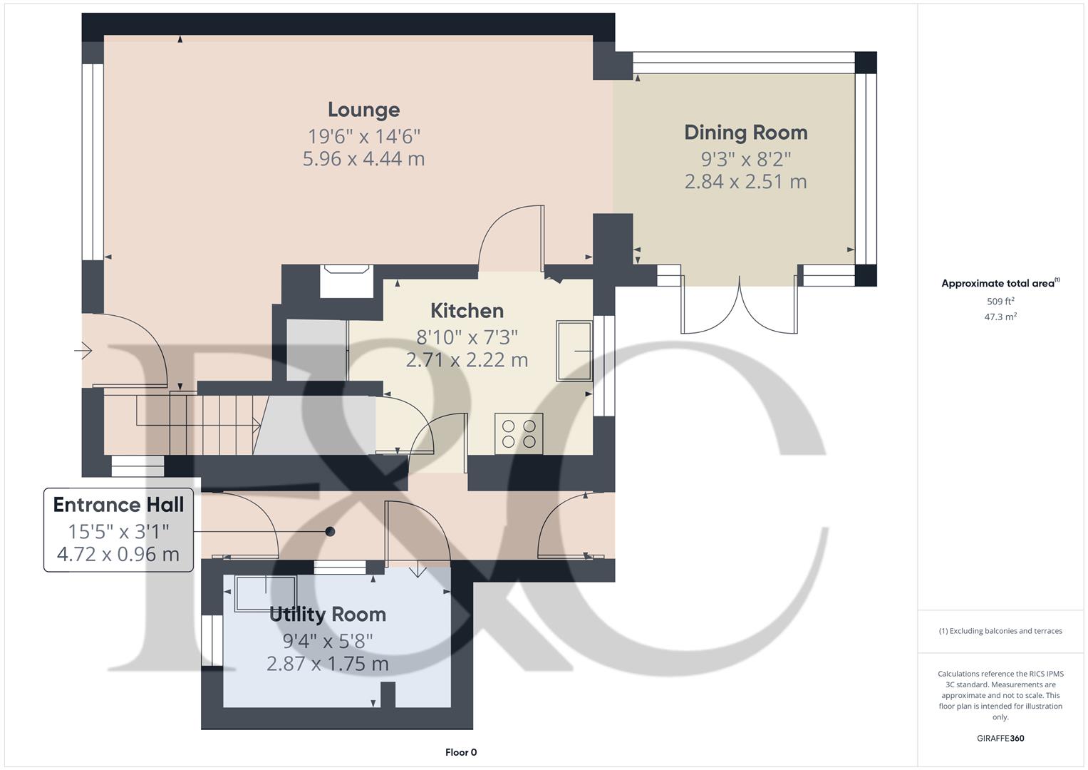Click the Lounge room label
pyautogui.click(x=364, y=110)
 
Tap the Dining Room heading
pyautogui.click(x=745, y=133)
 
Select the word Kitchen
pyautogui.click(x=467, y=311)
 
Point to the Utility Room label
pyautogui.click(x=328, y=615)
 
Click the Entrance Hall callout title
pyautogui.click(x=118, y=505)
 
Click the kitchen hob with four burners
pyautogui.click(x=519, y=433)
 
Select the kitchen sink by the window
pyautogui.click(x=574, y=351)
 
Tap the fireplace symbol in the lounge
pyautogui.click(x=346, y=281)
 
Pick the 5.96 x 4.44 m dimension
pyautogui.click(x=364, y=159)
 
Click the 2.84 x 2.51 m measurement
pyautogui.click(x=745, y=182)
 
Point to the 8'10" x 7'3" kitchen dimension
pyautogui.click(x=467, y=337)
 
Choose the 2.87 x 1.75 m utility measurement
pyautogui.click(x=328, y=664)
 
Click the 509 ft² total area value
pyautogui.click(x=1000, y=302)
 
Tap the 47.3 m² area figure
pyautogui.click(x=1000, y=317)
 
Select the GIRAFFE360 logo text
pyautogui.click(x=1000, y=739)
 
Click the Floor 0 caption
pyautogui.click(x=461, y=752)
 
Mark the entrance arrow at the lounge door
pyautogui.click(x=83, y=350)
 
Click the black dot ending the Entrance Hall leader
pyautogui.click(x=331, y=532)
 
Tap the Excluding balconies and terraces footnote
pyautogui.click(x=1000, y=631)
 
